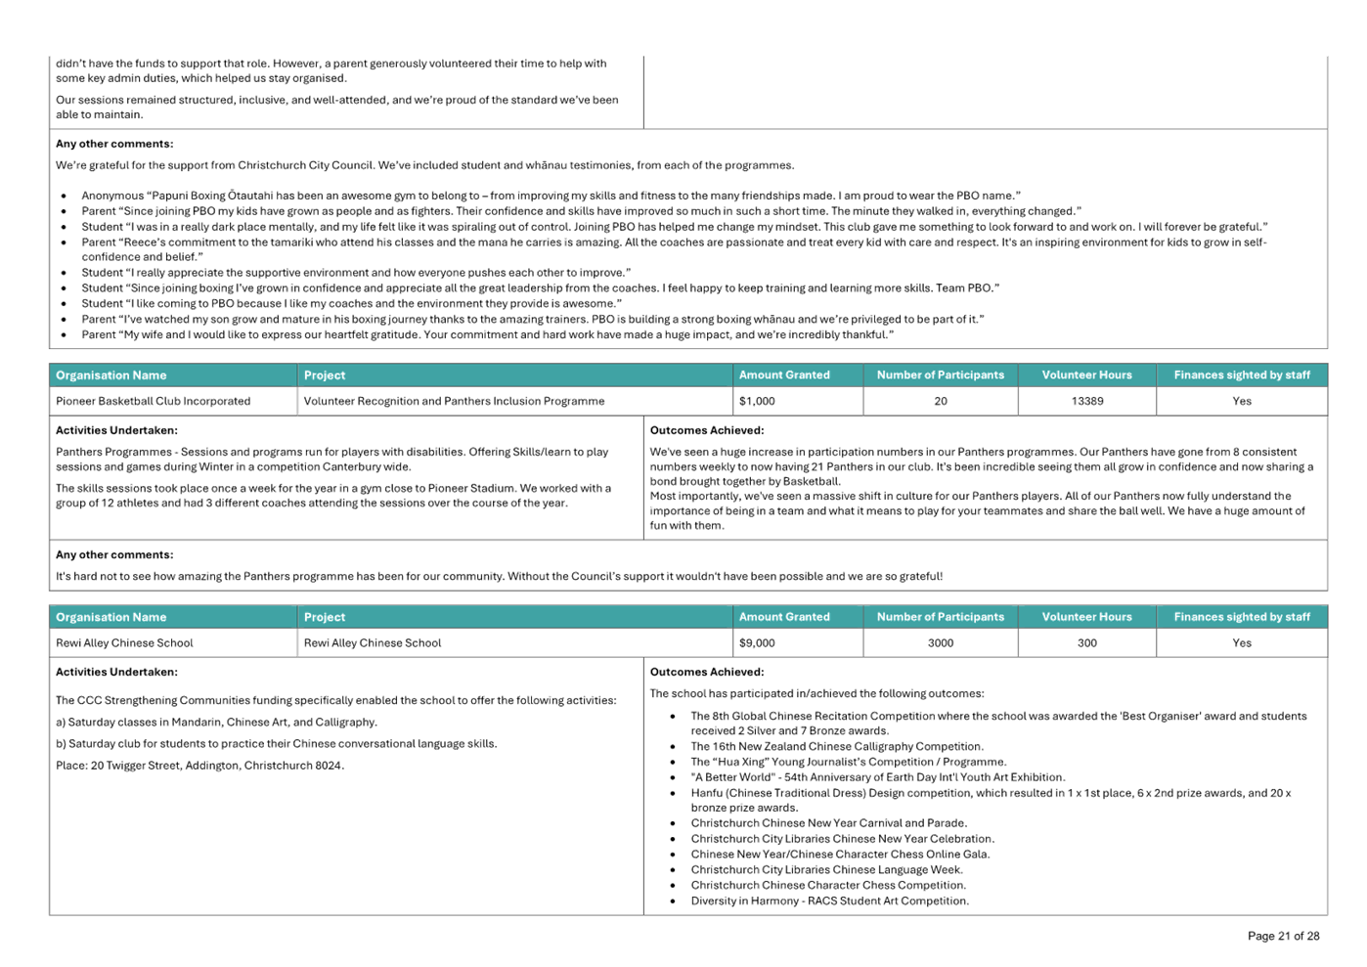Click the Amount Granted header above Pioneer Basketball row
point(784,375)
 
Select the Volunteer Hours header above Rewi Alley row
point(1086,617)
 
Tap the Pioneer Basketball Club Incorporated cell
point(154,401)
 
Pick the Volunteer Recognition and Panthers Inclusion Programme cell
point(454,401)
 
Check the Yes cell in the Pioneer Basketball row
point(1241,401)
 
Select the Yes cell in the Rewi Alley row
point(1241,642)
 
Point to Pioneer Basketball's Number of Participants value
point(940,401)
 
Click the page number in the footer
point(1283,936)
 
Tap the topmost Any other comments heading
point(114,144)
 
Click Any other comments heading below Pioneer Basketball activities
point(114,554)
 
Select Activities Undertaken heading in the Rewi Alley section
point(116,672)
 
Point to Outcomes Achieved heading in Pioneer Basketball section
point(707,430)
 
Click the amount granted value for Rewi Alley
point(757,642)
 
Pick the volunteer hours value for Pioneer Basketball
point(1086,401)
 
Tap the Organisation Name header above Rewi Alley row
point(111,617)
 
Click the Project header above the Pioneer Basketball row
point(325,375)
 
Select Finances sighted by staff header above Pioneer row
point(1242,375)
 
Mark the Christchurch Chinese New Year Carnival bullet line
point(828,823)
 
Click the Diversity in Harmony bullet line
point(829,901)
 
